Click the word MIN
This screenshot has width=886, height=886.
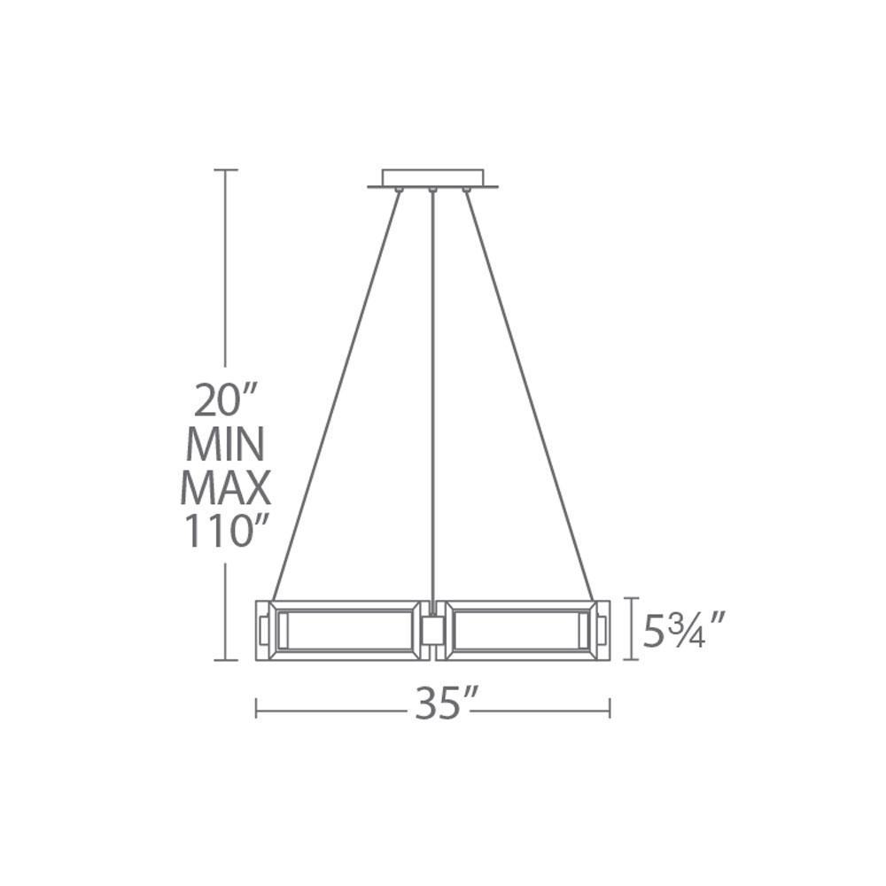225,444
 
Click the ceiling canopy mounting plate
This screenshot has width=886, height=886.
433,179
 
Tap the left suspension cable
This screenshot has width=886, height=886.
336,396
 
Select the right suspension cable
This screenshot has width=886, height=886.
529,396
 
